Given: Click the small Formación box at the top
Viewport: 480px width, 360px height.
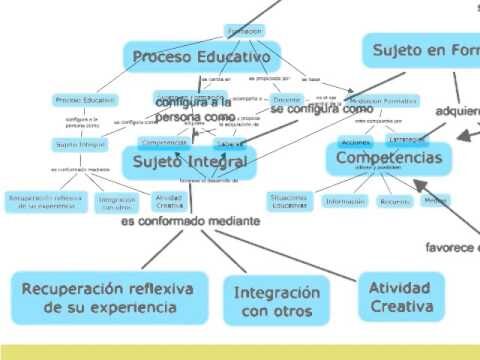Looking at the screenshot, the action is click(x=244, y=31).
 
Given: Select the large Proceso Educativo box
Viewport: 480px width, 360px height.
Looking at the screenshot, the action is click(x=189, y=57).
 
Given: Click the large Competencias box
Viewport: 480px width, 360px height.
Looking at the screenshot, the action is click(x=389, y=158).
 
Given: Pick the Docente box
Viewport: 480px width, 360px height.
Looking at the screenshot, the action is click(x=286, y=100).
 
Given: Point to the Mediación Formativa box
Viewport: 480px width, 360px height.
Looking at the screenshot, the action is click(x=384, y=101).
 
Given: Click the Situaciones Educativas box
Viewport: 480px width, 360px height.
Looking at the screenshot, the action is click(x=290, y=201).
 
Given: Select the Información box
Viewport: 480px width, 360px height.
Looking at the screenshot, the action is click(x=345, y=201).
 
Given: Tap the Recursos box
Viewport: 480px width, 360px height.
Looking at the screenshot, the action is click(x=394, y=201).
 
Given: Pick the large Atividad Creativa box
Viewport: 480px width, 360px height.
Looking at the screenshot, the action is click(x=399, y=297).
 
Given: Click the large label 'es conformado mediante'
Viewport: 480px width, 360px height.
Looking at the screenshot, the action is click(x=191, y=221).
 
